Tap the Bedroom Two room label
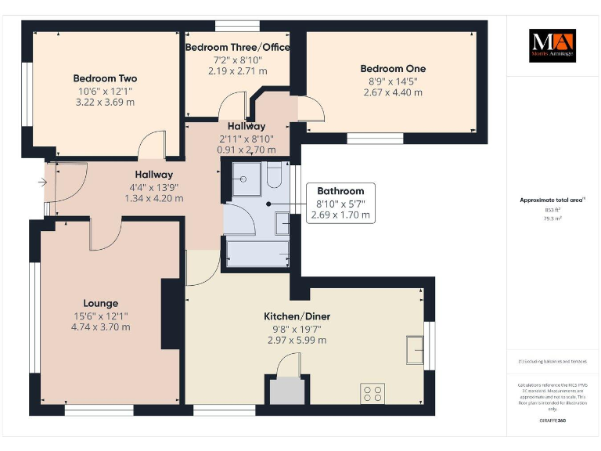click(x=105, y=78)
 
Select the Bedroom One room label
click(x=392, y=69)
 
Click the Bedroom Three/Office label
click(x=237, y=48)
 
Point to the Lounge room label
click(x=101, y=303)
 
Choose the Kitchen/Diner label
click(x=297, y=316)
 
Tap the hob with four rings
click(x=372, y=393)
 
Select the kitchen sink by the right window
click(x=414, y=349)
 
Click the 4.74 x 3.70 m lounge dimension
click(x=101, y=327)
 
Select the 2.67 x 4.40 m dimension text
click(x=392, y=92)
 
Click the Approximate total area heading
click(x=553, y=200)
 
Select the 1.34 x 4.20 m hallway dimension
click(x=153, y=198)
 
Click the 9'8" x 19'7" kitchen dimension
click(x=297, y=329)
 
